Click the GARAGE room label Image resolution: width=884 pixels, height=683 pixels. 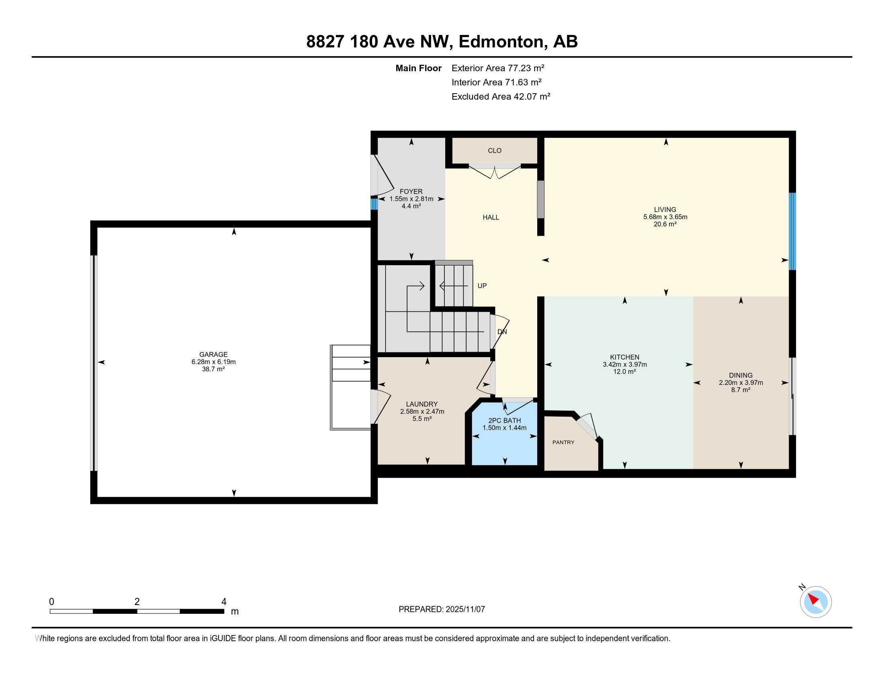[213, 354]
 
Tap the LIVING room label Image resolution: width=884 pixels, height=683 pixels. [665, 210]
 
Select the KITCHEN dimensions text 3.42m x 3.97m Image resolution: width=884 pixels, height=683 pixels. [624, 364]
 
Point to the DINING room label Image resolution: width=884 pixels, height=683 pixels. [741, 376]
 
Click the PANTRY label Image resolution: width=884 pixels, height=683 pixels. [563, 442]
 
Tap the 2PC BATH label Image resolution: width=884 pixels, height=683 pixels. [504, 420]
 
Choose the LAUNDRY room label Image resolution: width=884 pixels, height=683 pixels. [422, 404]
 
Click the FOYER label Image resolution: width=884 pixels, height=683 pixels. [411, 192]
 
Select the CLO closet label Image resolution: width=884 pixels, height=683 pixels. [495, 151]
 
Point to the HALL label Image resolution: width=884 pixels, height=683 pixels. [491, 217]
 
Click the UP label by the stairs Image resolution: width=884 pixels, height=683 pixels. [482, 286]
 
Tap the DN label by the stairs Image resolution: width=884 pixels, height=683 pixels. [502, 332]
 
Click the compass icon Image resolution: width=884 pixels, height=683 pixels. [815, 602]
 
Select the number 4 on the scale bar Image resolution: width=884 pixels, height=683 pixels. [224, 602]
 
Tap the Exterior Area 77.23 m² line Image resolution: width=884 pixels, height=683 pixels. [498, 68]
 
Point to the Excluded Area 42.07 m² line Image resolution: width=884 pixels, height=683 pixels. [501, 96]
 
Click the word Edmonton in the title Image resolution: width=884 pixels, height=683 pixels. [501, 42]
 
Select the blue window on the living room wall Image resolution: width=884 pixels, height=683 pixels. [792, 231]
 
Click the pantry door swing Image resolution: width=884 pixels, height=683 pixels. [588, 425]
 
